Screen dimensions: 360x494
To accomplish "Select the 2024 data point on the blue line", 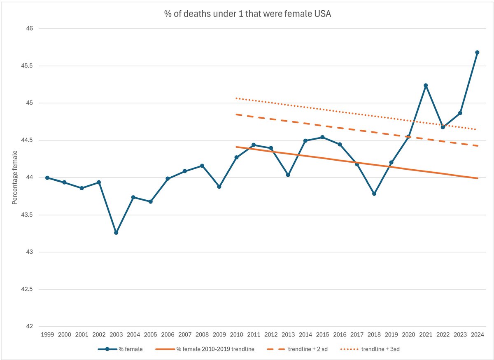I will pyautogui.click(x=477, y=52).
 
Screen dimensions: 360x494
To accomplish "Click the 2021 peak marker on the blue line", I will pyautogui.click(x=426, y=85).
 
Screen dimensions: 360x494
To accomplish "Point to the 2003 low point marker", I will pyautogui.click(x=116, y=233).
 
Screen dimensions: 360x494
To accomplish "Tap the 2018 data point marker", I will pyautogui.click(x=374, y=194).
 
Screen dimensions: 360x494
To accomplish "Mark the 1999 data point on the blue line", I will pyautogui.click(x=47, y=178).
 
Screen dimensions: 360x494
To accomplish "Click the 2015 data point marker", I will pyautogui.click(x=322, y=137).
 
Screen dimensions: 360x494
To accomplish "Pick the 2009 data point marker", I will pyautogui.click(x=219, y=187).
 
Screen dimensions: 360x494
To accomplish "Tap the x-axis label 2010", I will pyautogui.click(x=236, y=335).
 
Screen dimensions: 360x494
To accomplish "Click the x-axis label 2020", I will pyautogui.click(x=408, y=335).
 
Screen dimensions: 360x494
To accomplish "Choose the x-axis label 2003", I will pyautogui.click(x=116, y=335).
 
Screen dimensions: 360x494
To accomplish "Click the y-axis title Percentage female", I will pyautogui.click(x=15, y=178).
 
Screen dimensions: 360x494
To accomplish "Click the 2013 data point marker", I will pyautogui.click(x=288, y=175).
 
